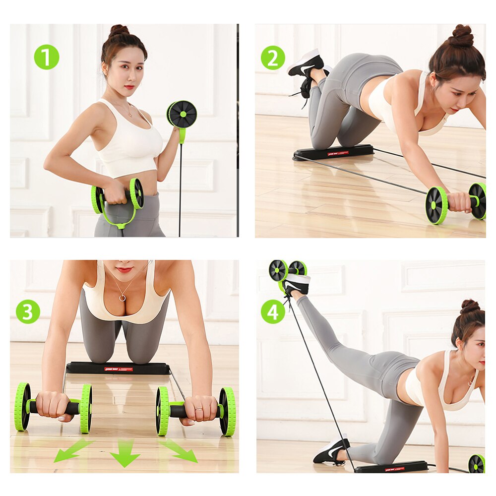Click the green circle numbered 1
click(47, 57)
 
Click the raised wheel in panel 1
click(182, 114)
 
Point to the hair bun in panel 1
click(119, 31)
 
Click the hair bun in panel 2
click(462, 36)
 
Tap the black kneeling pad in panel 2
click(333, 152)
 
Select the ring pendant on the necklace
click(122, 298)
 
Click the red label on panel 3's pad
click(118, 369)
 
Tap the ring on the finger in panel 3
click(198, 409)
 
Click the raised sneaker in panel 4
click(297, 284)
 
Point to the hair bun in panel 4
click(469, 307)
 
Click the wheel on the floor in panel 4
click(477, 463)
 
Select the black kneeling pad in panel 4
click(391, 467)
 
